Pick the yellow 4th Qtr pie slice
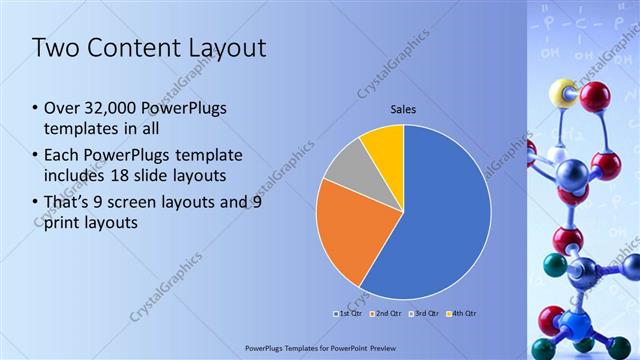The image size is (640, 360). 384,145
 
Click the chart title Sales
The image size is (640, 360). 403,109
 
